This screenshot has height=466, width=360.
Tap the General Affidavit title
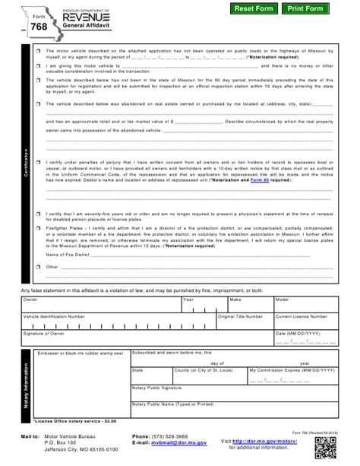click(x=81, y=25)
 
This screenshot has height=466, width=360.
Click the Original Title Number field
click(x=244, y=322)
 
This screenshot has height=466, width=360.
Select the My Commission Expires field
click(x=305, y=377)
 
